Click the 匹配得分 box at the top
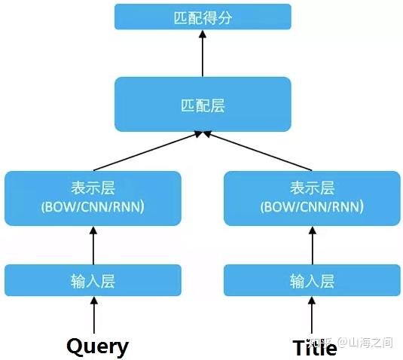[202, 17]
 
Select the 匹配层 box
[202, 104]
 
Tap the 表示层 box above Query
[93, 198]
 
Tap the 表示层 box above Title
[312, 198]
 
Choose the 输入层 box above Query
[93, 281]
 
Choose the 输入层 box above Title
[312, 281]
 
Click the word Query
[97, 346]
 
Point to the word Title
[314, 347]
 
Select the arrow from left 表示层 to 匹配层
[148, 151]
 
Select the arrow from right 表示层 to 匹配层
[256, 151]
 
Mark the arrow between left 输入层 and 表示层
[93, 246]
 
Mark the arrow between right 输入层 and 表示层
[312, 246]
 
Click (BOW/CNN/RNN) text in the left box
[93, 206]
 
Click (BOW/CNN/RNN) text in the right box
[312, 206]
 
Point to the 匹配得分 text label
[202, 17]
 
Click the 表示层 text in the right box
[312, 188]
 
